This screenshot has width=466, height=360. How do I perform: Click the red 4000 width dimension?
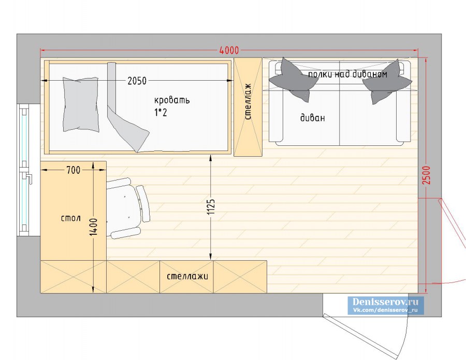[x=229, y=51]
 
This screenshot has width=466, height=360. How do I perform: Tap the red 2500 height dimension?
[x=426, y=175]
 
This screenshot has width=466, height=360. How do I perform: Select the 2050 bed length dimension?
[x=137, y=81]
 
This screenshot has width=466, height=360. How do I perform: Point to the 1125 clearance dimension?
[x=211, y=206]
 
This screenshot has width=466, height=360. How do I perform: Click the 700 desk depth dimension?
[x=73, y=170]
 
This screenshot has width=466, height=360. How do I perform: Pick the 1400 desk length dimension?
[x=93, y=227]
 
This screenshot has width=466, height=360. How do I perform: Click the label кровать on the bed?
[x=172, y=100]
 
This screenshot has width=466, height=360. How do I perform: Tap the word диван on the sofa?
[x=312, y=118]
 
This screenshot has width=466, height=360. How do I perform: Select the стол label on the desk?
[x=71, y=218]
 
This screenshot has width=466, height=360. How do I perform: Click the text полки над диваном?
[x=348, y=74]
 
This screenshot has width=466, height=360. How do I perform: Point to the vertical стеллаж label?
[x=248, y=101]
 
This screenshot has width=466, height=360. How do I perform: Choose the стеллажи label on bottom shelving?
[x=187, y=276]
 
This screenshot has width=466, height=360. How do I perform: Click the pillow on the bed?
[x=81, y=104]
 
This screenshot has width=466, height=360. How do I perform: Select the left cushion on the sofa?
[x=290, y=79]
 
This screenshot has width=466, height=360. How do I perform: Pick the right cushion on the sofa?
[x=386, y=81]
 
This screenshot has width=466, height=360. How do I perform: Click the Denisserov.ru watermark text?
[x=385, y=302]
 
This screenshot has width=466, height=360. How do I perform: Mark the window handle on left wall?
[x=28, y=178]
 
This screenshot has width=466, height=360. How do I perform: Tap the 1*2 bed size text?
[x=161, y=112]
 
